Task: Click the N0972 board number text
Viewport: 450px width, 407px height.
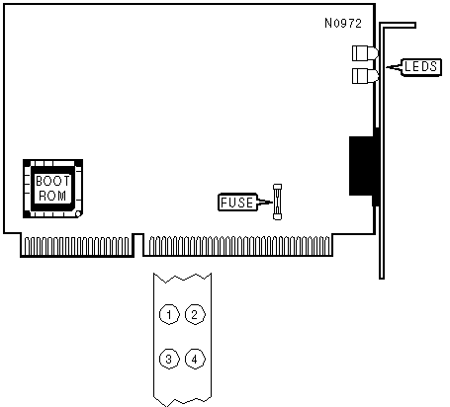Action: (x=343, y=23)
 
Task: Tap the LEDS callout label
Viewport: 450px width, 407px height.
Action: (x=420, y=67)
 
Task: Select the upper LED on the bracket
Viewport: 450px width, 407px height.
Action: (x=365, y=53)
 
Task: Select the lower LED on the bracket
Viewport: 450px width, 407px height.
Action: (x=365, y=76)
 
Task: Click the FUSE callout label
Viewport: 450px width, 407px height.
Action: (x=237, y=202)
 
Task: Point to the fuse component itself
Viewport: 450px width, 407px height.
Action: (x=277, y=202)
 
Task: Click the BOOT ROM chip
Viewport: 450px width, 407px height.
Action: (x=52, y=189)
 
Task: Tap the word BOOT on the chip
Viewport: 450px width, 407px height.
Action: (x=52, y=181)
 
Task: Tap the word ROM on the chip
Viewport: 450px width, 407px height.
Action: (x=52, y=196)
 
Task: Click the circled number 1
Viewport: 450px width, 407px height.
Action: (x=169, y=314)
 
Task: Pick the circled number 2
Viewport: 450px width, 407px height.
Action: (x=195, y=314)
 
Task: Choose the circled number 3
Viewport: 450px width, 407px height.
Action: (x=169, y=359)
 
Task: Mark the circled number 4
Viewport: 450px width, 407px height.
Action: (x=195, y=359)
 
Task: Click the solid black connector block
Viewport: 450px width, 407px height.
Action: (x=362, y=166)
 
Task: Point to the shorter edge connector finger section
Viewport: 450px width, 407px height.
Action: (x=77, y=245)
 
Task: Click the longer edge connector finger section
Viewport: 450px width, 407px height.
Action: (x=238, y=245)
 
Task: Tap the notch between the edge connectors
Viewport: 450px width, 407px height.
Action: (x=138, y=245)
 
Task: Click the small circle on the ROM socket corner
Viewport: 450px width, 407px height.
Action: (x=78, y=214)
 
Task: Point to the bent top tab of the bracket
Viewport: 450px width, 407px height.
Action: (x=398, y=26)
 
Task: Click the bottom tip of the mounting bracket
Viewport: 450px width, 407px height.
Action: (x=382, y=279)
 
